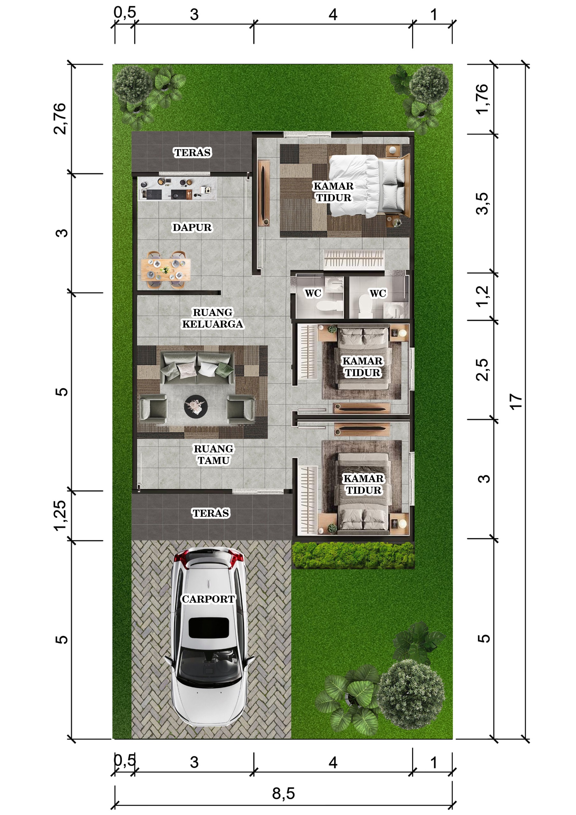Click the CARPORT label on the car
pyautogui.click(x=208, y=599)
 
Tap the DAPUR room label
pyautogui.click(x=192, y=227)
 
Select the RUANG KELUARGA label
pyautogui.click(x=213, y=318)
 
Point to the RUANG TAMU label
pyautogui.click(x=213, y=454)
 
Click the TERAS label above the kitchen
pyautogui.click(x=192, y=152)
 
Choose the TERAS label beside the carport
pyautogui.click(x=211, y=513)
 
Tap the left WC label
pyautogui.click(x=313, y=293)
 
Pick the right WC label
pyautogui.click(x=378, y=293)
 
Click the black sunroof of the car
pyautogui.click(x=209, y=627)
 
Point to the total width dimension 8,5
pyautogui.click(x=283, y=794)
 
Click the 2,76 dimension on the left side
pyautogui.click(x=60, y=118)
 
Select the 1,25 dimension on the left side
pyautogui.click(x=60, y=515)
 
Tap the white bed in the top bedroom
pyautogui.click(x=367, y=186)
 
